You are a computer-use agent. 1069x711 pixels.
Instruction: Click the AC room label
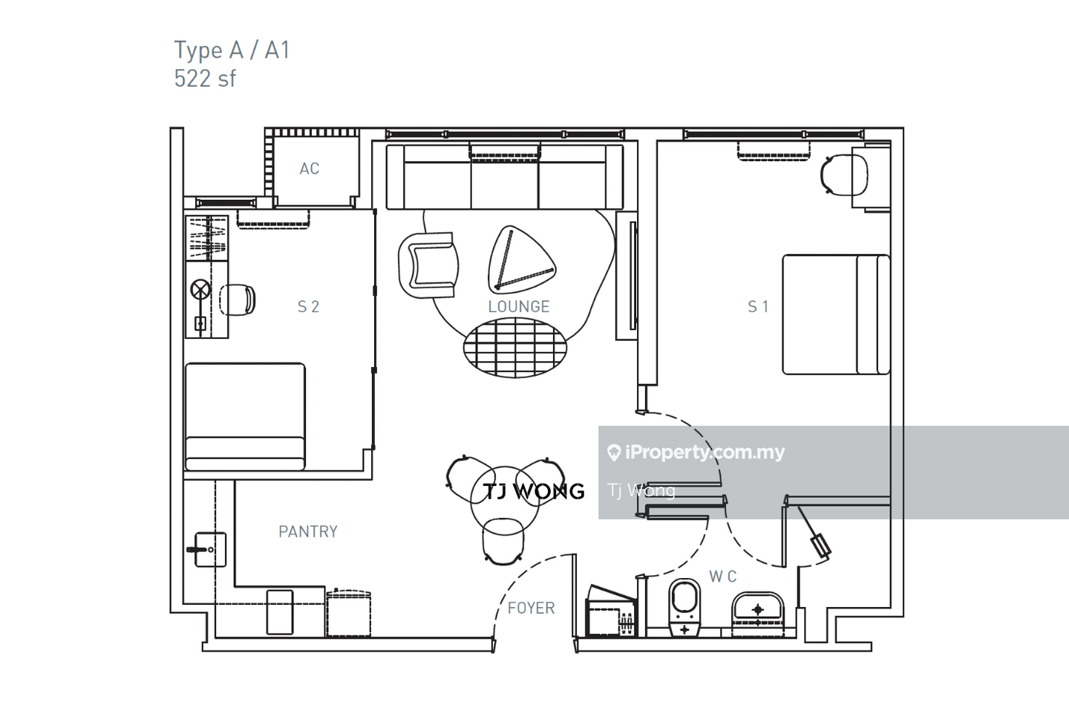tap(310, 169)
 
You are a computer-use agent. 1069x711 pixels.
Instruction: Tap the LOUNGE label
tap(519, 307)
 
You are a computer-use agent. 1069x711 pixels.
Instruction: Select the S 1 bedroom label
tap(758, 307)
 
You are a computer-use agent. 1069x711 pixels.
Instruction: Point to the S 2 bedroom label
tap(308, 307)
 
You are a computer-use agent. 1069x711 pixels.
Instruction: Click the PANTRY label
tap(308, 531)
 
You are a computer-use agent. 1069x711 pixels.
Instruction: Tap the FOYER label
tap(532, 608)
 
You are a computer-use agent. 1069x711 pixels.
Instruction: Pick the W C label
tap(722, 577)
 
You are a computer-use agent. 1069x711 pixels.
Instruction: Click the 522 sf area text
tap(205, 79)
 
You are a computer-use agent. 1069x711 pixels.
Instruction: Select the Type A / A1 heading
tap(232, 50)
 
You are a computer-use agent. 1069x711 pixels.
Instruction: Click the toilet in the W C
tap(684, 608)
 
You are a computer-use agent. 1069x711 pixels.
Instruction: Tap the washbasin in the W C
tap(757, 613)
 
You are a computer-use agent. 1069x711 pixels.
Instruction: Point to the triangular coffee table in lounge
tap(521, 259)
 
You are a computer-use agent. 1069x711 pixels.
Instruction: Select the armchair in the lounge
tap(428, 265)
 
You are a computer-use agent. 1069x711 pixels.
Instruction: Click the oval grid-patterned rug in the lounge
tap(515, 348)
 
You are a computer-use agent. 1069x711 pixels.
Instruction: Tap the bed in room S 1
tap(836, 314)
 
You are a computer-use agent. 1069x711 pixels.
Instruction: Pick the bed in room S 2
tap(245, 416)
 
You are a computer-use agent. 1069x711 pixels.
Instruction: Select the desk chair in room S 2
tap(238, 300)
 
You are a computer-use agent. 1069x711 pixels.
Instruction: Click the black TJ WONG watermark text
tap(534, 491)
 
